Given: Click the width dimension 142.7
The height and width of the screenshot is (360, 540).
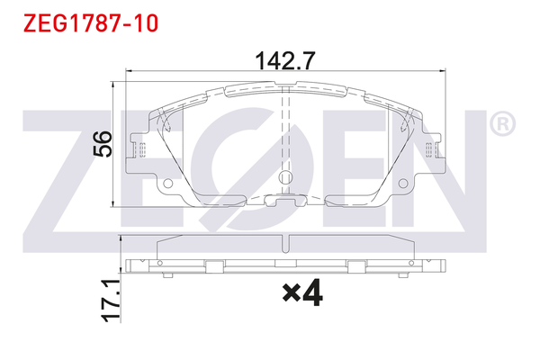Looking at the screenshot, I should [x=285, y=60].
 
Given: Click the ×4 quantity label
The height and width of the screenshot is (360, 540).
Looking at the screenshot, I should [x=301, y=293].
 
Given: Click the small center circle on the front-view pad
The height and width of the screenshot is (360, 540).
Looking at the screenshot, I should [x=285, y=177].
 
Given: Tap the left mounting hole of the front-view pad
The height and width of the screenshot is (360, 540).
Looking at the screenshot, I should [x=168, y=185].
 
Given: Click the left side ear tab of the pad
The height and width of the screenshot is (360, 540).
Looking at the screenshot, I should [x=138, y=149].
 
